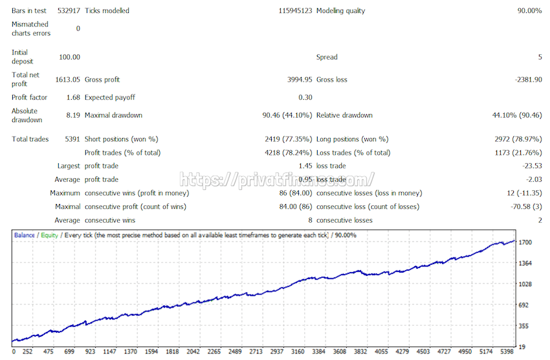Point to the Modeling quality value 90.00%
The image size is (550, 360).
point(529,11)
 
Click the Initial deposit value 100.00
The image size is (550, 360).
point(70,58)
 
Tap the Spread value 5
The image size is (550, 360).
point(540,58)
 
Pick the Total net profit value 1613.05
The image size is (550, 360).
point(67,80)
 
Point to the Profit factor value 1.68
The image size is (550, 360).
point(73,98)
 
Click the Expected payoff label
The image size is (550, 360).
point(110,98)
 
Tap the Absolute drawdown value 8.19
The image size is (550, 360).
point(73,116)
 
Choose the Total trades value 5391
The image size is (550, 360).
point(70,139)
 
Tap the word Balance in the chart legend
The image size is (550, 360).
point(25,235)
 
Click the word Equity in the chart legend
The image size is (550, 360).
point(49,235)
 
